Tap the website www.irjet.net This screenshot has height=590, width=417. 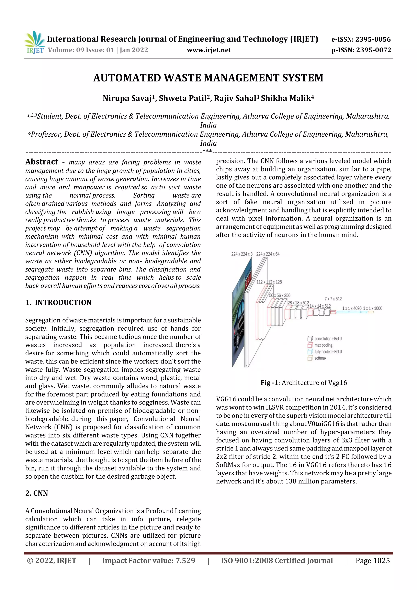(209, 50)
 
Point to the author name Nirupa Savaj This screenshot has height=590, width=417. (127, 98)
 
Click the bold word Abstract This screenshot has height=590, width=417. (42, 162)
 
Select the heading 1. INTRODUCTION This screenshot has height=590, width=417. (58, 302)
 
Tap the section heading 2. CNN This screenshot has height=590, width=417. (36, 493)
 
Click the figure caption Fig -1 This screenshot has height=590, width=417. (269, 383)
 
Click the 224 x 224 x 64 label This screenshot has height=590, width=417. (268, 254)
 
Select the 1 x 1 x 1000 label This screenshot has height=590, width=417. (373, 308)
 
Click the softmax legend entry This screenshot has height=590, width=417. (320, 358)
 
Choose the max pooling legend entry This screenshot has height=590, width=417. (323, 345)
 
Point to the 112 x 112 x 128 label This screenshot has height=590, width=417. (269, 282)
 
